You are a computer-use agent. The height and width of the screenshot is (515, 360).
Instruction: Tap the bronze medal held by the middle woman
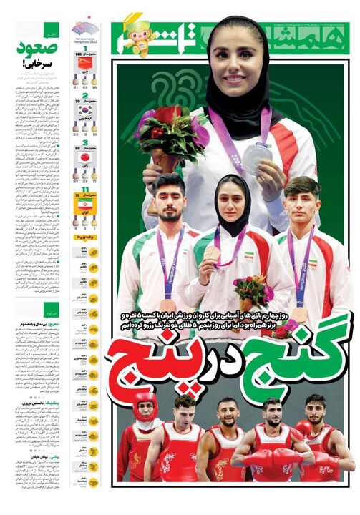[x=213, y=253]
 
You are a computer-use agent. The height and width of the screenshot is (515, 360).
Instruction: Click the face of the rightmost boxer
[x=316, y=411]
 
